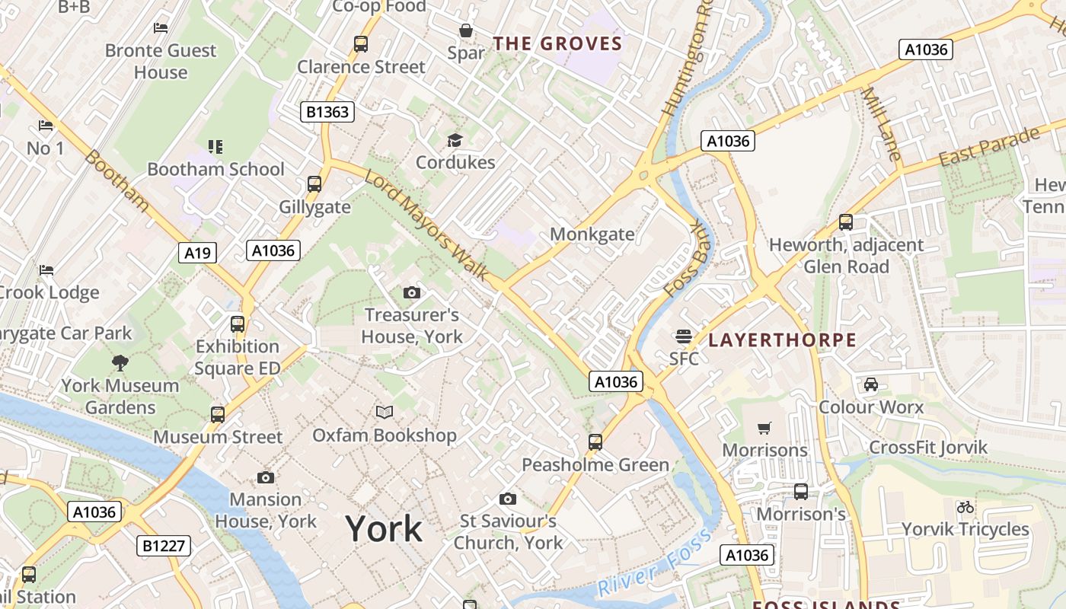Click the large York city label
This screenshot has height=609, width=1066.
point(384,528)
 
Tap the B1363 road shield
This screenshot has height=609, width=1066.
point(327,112)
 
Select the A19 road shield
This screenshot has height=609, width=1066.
point(197,253)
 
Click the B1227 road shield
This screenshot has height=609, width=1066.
point(164,545)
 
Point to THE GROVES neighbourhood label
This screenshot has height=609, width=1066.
point(557,43)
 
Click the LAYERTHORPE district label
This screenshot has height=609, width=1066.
point(782,340)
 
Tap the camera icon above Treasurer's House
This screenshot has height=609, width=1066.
point(411,292)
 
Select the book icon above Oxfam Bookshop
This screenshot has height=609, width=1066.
point(385,412)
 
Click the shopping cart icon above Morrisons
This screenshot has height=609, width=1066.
point(764,428)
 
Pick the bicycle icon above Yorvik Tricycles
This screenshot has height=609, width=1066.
point(965,506)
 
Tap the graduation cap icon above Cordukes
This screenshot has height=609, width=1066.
point(455,140)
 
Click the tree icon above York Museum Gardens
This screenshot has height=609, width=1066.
point(120,362)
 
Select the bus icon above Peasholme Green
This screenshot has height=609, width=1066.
point(595,442)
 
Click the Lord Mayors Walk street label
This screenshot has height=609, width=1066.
point(426,225)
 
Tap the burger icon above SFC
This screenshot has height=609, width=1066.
point(683,336)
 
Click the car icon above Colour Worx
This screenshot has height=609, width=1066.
point(871,384)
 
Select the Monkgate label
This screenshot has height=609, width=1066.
point(592,234)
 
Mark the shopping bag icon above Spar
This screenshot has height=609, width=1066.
point(465,30)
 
